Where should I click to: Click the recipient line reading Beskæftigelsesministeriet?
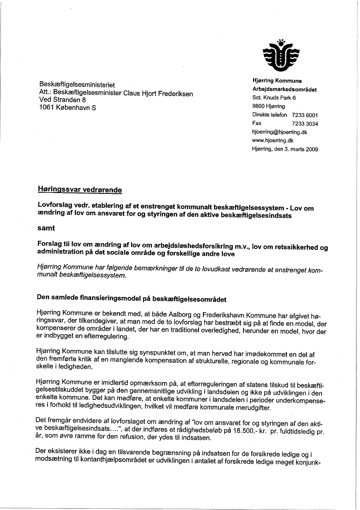pyautogui.click(x=77, y=85)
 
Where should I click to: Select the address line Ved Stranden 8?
pyautogui.click(x=63, y=100)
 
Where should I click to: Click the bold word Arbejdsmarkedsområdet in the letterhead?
pyautogui.click(x=285, y=90)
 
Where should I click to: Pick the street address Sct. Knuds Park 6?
pyautogui.click(x=274, y=98)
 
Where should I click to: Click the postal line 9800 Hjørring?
pyautogui.click(x=268, y=106)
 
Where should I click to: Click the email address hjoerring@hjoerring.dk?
pyautogui.click(x=280, y=132)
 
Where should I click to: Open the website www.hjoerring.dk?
pyautogui.click(x=273, y=141)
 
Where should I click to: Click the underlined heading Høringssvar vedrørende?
pyautogui.click(x=80, y=190)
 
